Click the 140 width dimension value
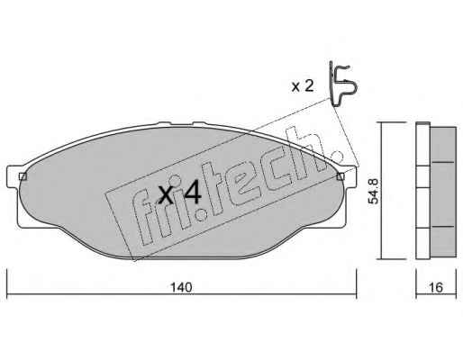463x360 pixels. tap(181, 288)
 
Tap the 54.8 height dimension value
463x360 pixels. tap(374, 191)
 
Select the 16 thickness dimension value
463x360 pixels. tap(436, 288)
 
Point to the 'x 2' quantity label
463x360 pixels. tap(303, 86)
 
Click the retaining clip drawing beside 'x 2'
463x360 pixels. tap(343, 84)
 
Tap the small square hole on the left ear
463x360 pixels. tap(23, 176)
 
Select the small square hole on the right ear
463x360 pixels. tap(340, 176)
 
